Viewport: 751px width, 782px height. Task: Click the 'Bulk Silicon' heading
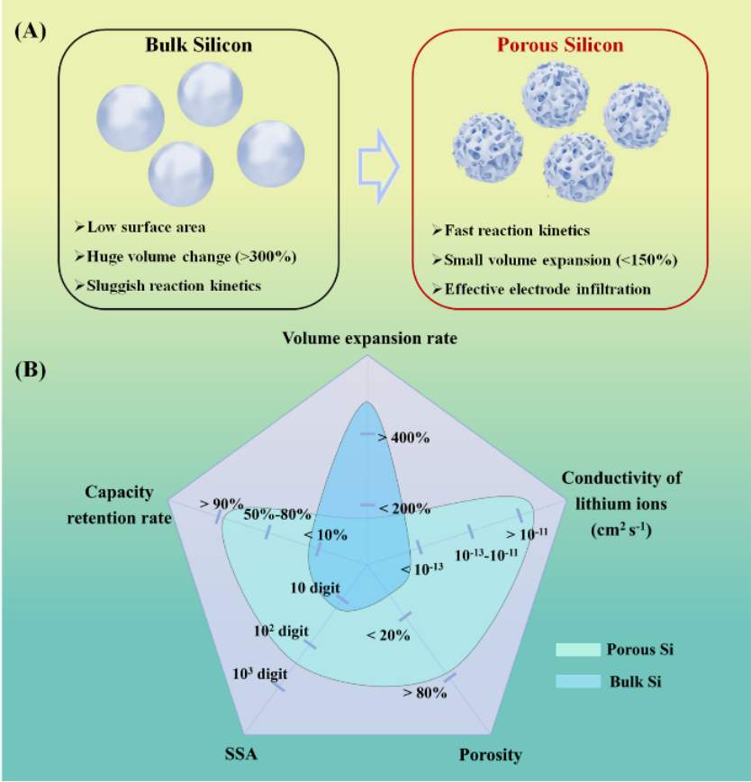pyautogui.click(x=199, y=45)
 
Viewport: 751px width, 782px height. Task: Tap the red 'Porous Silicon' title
pyautogui.click(x=560, y=45)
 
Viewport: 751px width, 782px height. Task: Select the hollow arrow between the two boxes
pyautogui.click(x=379, y=167)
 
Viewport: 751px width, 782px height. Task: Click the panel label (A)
pyautogui.click(x=31, y=32)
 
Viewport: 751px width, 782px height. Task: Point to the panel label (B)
pyautogui.click(x=31, y=370)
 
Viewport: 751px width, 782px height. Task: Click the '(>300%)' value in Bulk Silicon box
pyautogui.click(x=267, y=257)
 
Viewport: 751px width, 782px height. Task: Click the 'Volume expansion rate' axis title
pyautogui.click(x=370, y=339)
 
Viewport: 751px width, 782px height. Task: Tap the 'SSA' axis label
pyautogui.click(x=241, y=753)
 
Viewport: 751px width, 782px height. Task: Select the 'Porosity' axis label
pyautogui.click(x=491, y=755)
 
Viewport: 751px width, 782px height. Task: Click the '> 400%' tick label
pyautogui.click(x=403, y=438)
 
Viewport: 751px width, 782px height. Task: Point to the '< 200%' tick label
pyautogui.click(x=404, y=509)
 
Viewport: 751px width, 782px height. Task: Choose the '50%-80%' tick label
pyautogui.click(x=277, y=514)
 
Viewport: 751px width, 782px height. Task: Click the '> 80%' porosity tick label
pyautogui.click(x=425, y=693)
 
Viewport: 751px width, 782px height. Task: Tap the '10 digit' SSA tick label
pyautogui.click(x=315, y=588)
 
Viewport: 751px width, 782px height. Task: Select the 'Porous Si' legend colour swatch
pyautogui.click(x=578, y=650)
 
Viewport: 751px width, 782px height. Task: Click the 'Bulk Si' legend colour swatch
pyautogui.click(x=578, y=682)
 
